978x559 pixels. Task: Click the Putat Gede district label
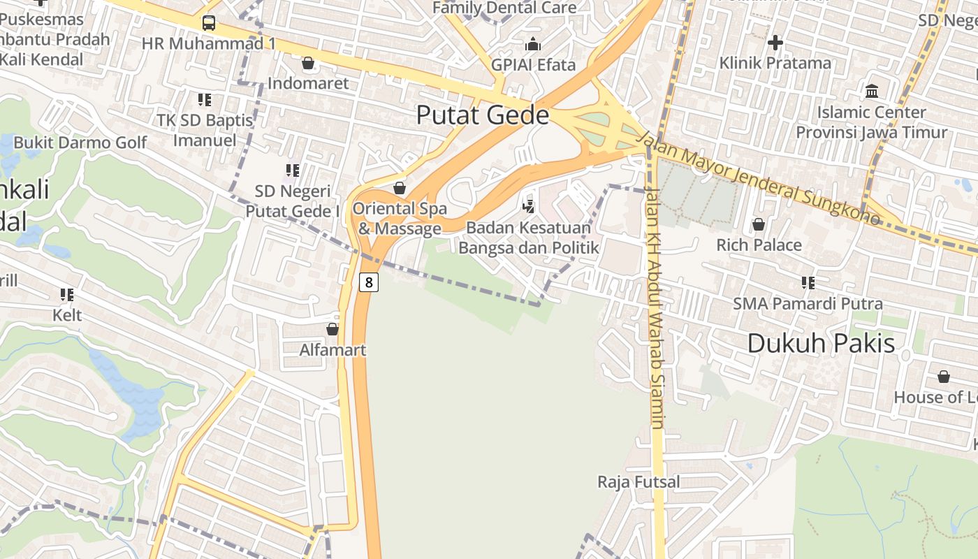tap(483, 115)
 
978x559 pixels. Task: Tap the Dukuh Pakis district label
tap(821, 343)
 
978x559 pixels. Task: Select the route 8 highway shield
tap(369, 282)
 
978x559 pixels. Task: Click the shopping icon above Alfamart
tap(333, 328)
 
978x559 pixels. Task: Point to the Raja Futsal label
tap(638, 481)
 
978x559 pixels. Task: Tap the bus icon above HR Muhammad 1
tap(209, 23)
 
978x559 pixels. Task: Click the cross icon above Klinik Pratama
tap(775, 43)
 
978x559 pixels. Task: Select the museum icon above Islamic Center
tap(872, 91)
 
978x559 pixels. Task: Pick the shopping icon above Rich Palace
tap(759, 224)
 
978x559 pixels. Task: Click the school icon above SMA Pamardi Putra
tap(808, 282)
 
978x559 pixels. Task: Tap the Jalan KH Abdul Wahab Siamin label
tap(655, 307)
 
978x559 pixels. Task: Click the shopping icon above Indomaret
tap(308, 63)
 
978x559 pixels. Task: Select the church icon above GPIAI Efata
tap(533, 45)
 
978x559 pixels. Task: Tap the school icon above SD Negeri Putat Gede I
tap(293, 170)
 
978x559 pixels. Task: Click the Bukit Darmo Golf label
tap(80, 143)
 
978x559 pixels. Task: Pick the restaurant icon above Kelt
tap(67, 295)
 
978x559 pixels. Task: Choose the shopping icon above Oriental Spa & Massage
tap(400, 188)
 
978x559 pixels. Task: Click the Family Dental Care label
tap(504, 8)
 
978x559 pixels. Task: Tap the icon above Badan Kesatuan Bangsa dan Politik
tap(529, 206)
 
